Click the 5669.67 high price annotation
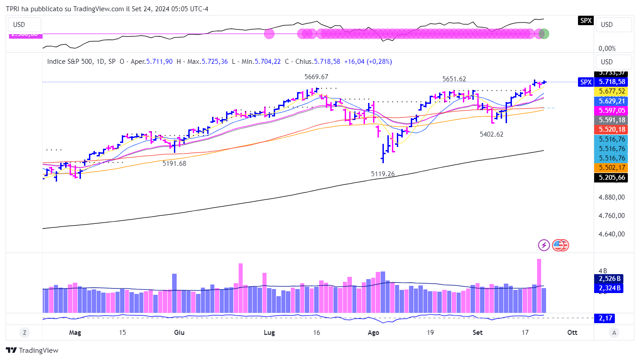pyautogui.click(x=316, y=77)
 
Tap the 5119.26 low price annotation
pyautogui.click(x=382, y=173)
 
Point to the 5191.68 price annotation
pyautogui.click(x=174, y=164)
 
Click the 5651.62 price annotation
pyautogui.click(x=454, y=79)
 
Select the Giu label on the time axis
pyautogui.click(x=179, y=333)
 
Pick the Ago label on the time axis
pyautogui.click(x=373, y=333)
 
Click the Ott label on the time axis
pyautogui.click(x=572, y=333)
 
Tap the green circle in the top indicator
pyautogui.click(x=544, y=34)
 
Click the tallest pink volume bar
pyautogui.click(x=539, y=285)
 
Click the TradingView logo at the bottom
pyautogui.click(x=32, y=351)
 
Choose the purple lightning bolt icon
pyautogui.click(x=544, y=245)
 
